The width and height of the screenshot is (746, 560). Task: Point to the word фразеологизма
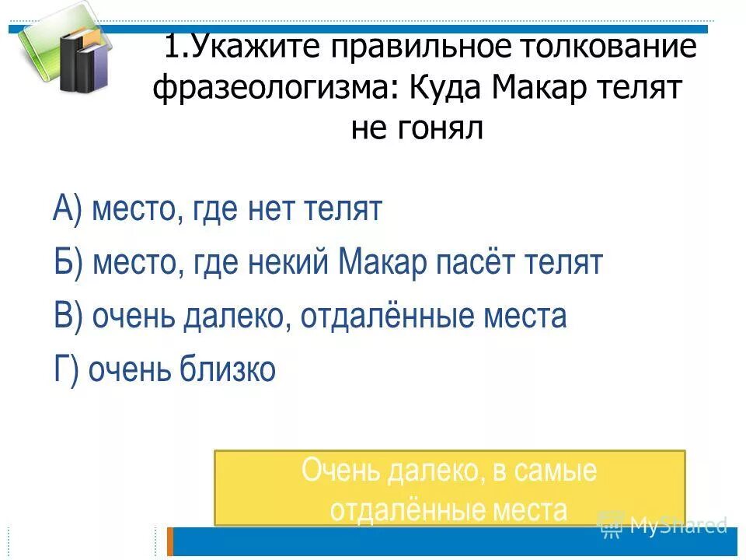coord(272,89)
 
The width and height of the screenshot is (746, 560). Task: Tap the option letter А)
coord(68,210)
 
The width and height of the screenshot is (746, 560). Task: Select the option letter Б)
coord(68,263)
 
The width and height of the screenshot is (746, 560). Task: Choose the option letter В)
coord(68,317)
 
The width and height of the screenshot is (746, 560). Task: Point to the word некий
coord(291,263)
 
